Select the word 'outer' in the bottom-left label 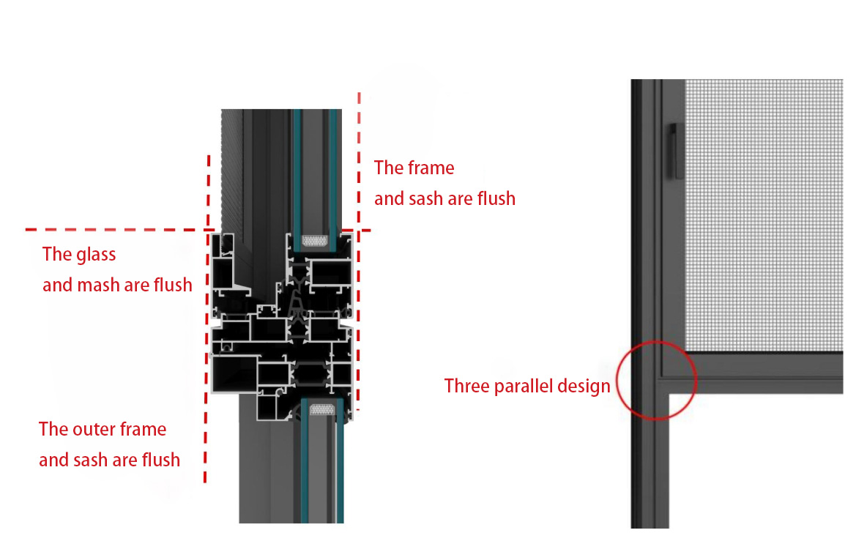pos(93,429)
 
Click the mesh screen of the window pos(762,212)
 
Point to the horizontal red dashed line pos(110,230)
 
